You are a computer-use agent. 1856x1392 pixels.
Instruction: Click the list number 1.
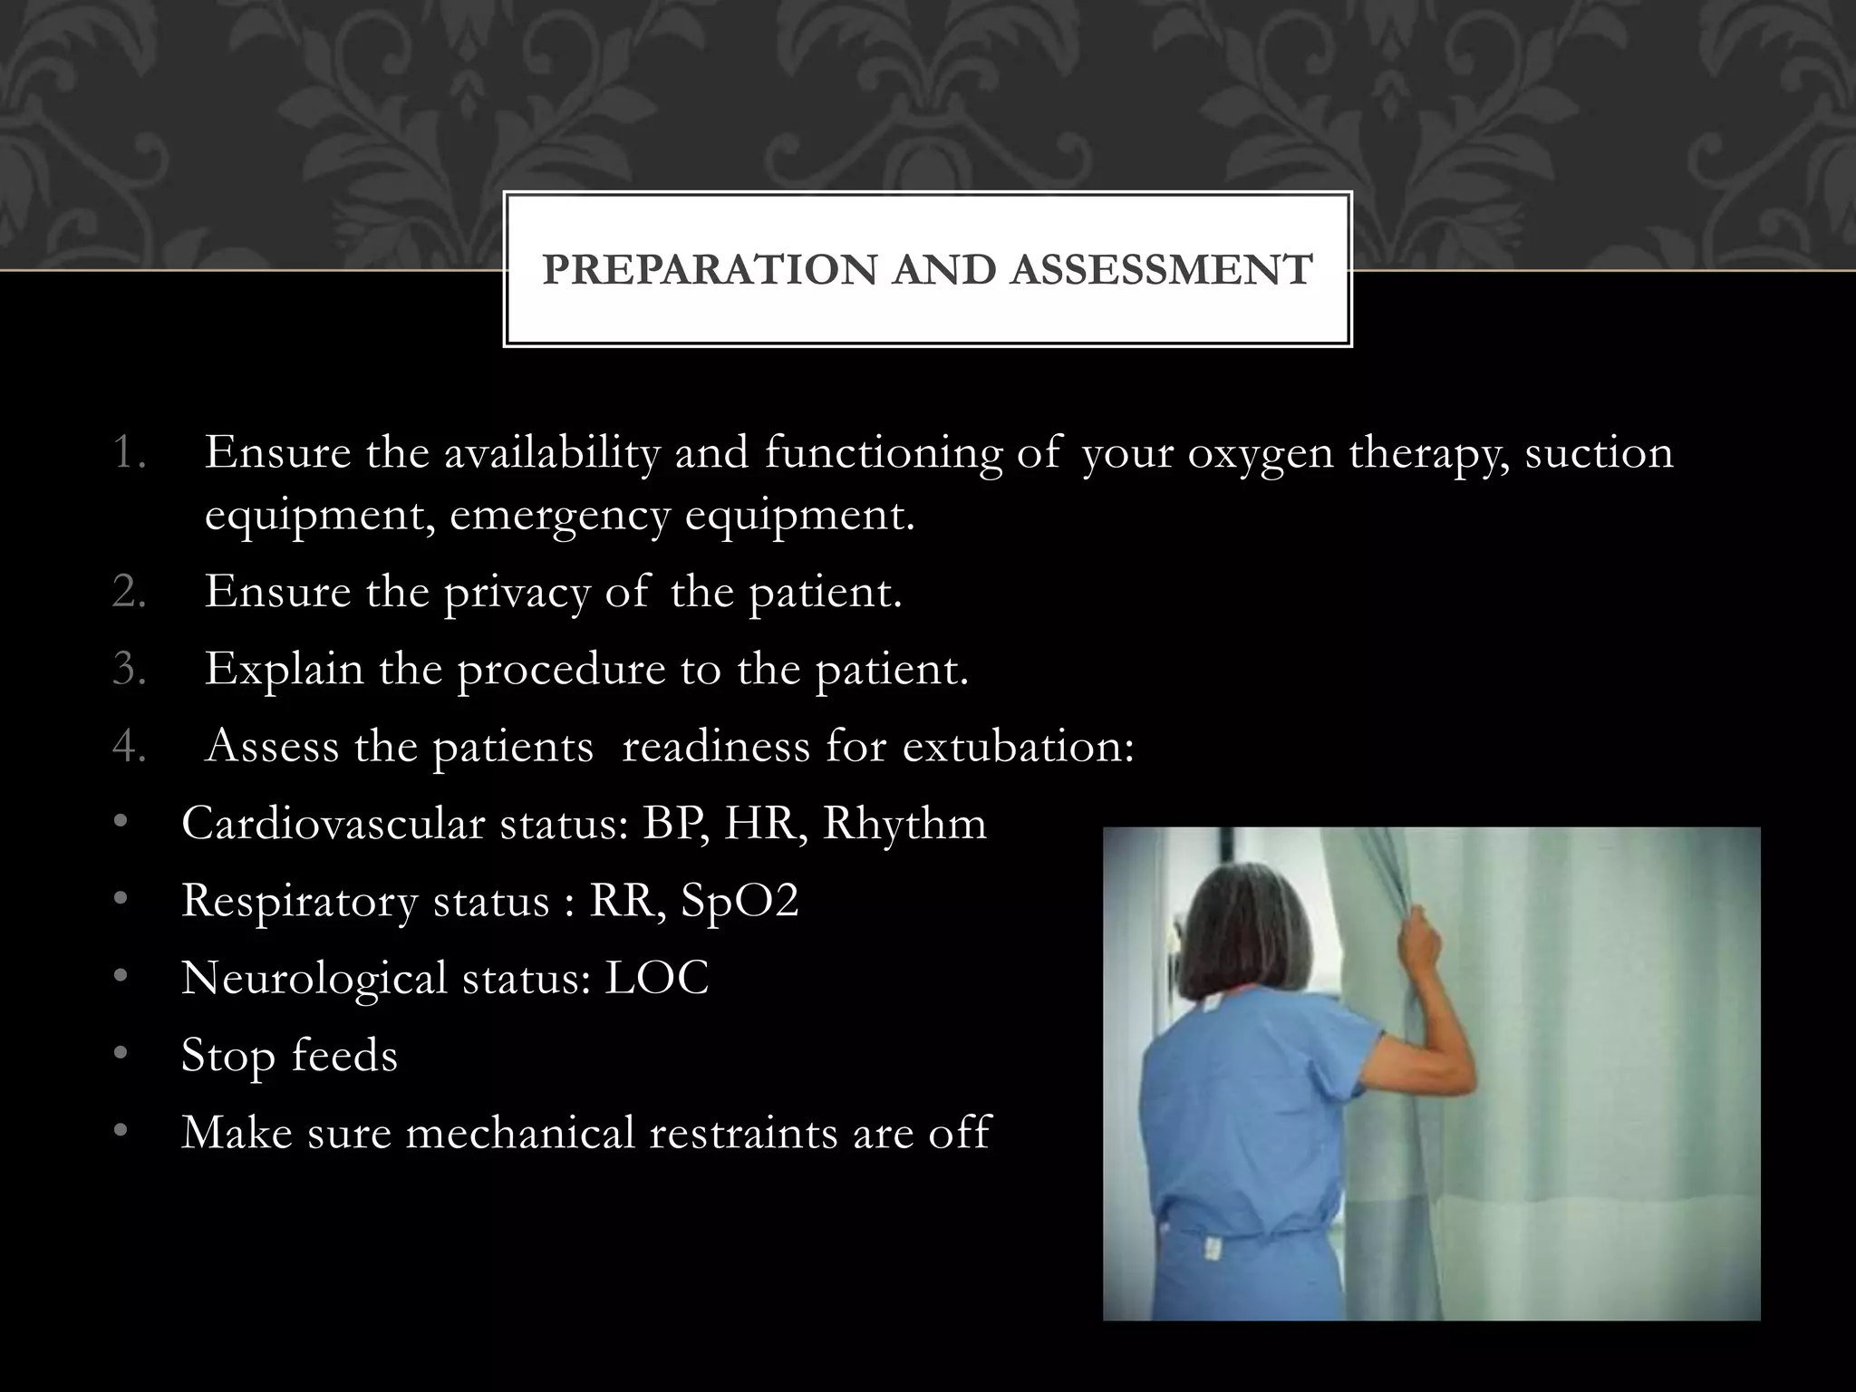click(130, 452)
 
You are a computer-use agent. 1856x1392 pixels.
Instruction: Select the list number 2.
click(130, 592)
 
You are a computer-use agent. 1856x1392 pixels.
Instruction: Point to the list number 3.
click(130, 669)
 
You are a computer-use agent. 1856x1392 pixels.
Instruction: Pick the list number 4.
click(130, 746)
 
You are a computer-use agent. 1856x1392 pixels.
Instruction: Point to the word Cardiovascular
click(333, 823)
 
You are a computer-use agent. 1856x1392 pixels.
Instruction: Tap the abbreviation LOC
click(656, 978)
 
